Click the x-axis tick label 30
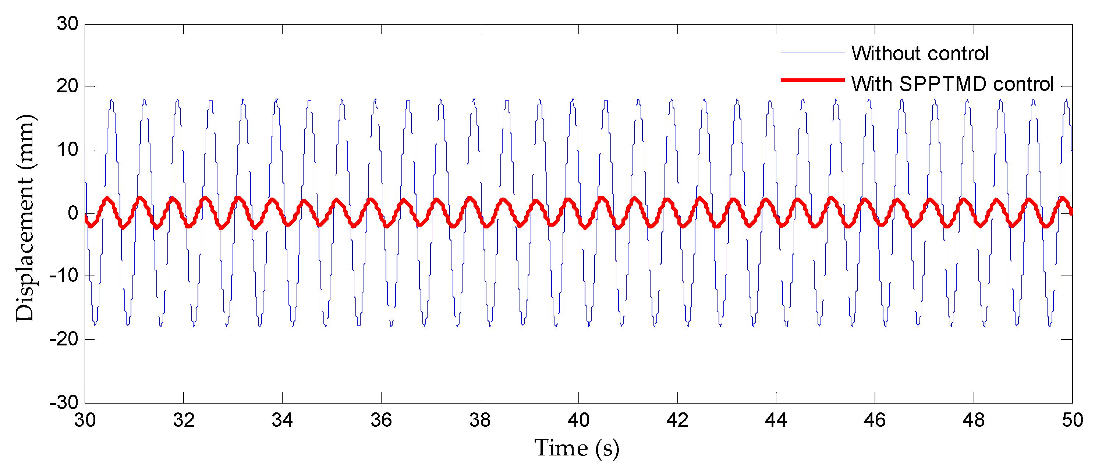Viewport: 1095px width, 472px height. (x=85, y=420)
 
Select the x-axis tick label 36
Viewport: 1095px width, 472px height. (x=381, y=420)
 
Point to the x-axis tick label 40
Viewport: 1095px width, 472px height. (x=578, y=420)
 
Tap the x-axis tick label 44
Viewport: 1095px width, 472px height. (x=776, y=420)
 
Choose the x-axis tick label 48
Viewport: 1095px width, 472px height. (x=974, y=420)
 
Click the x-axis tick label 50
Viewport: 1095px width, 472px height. (x=1072, y=420)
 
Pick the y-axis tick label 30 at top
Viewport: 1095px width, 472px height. (x=68, y=24)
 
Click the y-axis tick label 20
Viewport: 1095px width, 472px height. (x=68, y=86)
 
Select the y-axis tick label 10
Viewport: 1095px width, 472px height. (x=68, y=149)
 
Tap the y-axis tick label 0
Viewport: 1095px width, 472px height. (x=73, y=213)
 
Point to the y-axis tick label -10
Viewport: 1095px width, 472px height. (x=64, y=276)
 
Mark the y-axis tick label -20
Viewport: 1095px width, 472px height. (x=64, y=339)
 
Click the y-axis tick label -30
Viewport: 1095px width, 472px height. (x=64, y=402)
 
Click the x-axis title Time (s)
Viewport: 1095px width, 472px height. (x=577, y=448)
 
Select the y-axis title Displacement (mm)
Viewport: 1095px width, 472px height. (x=25, y=217)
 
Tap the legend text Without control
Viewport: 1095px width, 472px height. (x=920, y=54)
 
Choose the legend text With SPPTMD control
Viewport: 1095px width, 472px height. (x=952, y=84)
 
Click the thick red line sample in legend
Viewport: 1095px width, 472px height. (x=812, y=80)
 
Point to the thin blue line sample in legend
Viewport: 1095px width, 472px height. (x=812, y=53)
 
